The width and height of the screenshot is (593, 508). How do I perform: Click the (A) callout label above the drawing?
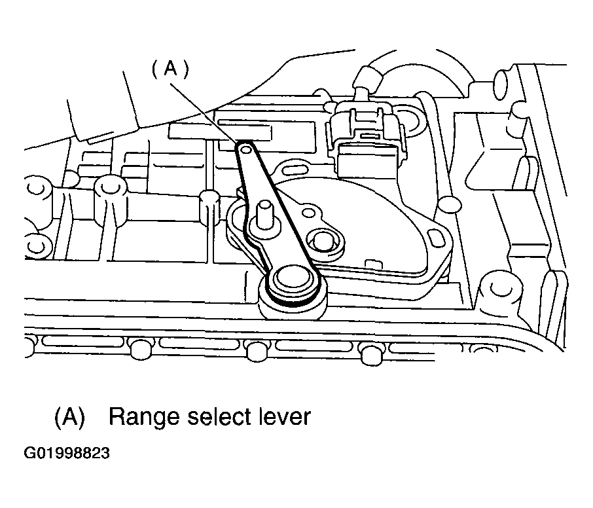pyautogui.click(x=170, y=70)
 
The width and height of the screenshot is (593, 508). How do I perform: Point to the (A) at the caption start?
pyautogui.click(x=69, y=418)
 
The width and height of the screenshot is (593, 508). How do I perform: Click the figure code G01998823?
pyautogui.click(x=67, y=453)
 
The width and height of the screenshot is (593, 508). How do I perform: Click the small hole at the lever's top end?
pyautogui.click(x=246, y=151)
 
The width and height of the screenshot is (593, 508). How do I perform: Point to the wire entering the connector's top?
pyautogui.click(x=366, y=81)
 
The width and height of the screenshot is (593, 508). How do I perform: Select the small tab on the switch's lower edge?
pyautogui.click(x=372, y=264)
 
